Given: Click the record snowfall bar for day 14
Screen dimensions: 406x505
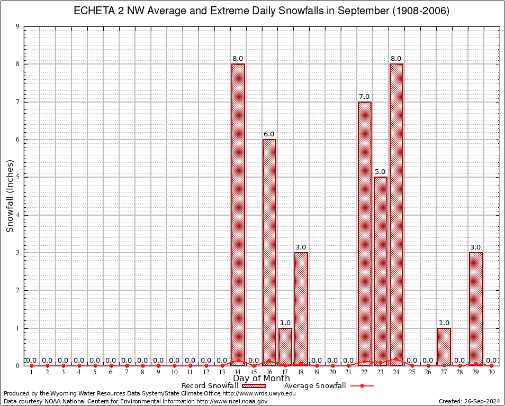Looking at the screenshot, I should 238,214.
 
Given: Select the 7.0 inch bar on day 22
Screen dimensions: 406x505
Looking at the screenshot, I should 364,233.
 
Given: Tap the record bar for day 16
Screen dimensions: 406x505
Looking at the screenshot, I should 269,252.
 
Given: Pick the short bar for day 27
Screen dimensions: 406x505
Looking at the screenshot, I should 444,346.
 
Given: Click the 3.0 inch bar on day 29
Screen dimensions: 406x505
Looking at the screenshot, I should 475,309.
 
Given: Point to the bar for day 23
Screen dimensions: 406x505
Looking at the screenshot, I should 380,271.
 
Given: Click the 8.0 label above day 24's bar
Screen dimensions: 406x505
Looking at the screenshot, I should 396,58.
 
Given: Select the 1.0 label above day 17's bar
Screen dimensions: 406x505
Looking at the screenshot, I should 285,322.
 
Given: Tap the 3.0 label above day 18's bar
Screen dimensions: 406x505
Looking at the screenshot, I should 301,247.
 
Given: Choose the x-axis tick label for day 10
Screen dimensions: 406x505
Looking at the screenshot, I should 174,373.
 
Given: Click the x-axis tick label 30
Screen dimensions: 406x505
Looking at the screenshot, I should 491,373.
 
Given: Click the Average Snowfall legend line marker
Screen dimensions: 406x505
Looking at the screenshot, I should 362,385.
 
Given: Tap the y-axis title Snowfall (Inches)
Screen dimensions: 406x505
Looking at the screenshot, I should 10,196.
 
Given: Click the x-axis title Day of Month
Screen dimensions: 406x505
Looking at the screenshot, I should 261,378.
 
